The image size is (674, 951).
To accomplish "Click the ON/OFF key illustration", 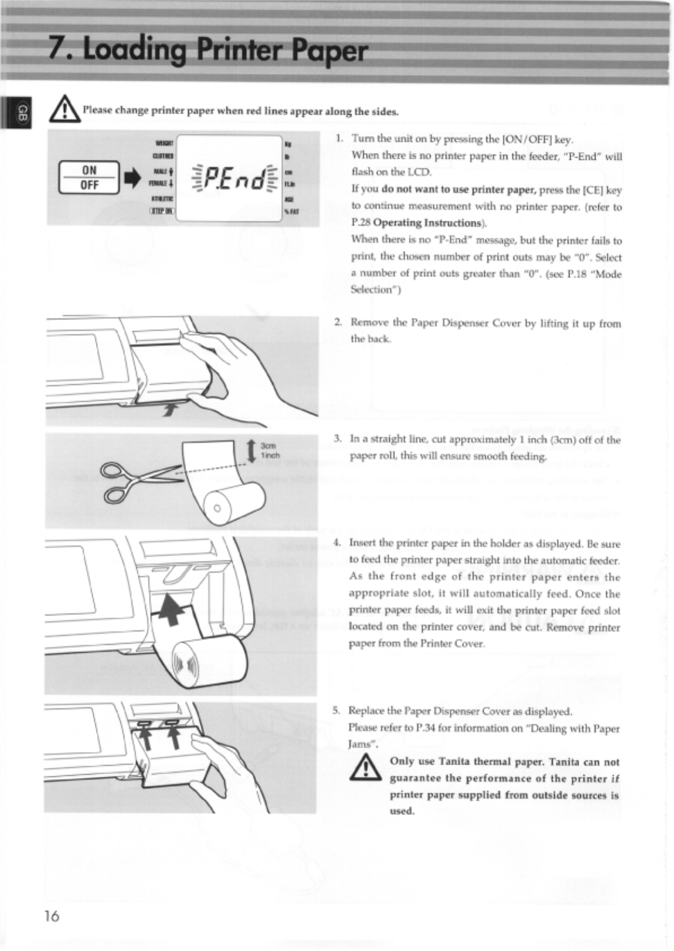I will point(89,177).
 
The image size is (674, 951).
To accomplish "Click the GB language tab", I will point(22,111).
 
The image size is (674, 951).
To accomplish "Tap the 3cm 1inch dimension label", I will point(269,450).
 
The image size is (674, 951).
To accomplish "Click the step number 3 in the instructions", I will point(338,439).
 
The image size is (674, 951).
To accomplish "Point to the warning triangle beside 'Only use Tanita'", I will point(368,769).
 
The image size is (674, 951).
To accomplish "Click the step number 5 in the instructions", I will point(336,710).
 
